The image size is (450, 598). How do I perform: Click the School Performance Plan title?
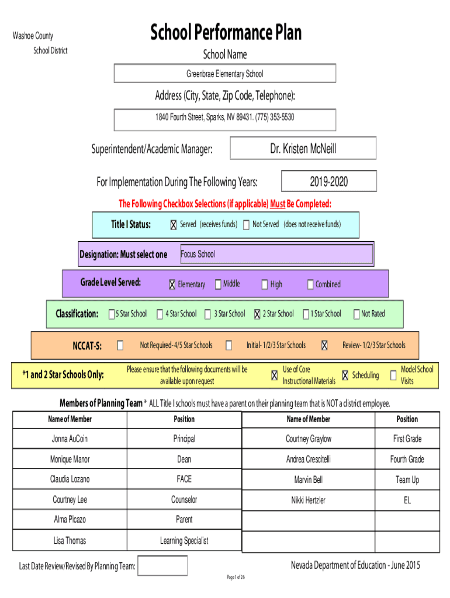226,32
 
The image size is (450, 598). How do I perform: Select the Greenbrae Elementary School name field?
225,73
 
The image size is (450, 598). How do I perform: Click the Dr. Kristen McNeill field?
303,148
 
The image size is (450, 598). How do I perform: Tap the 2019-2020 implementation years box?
328,181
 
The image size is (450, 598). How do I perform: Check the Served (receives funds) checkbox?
174,225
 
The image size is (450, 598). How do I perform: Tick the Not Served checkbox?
246,225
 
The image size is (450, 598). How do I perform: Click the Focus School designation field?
276,254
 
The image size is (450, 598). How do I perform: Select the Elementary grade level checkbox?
172,284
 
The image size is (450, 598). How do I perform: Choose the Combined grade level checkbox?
310,284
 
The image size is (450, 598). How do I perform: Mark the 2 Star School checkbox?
257,314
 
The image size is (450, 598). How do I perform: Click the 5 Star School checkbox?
112,314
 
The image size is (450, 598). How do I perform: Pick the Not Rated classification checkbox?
356,314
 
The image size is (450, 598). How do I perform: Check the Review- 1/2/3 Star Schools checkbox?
324,345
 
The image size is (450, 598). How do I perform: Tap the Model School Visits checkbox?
393,376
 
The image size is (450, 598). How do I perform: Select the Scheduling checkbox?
345,376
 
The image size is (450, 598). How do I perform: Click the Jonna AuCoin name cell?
70,439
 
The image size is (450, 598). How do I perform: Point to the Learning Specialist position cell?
184,540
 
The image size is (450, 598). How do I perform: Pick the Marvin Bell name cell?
309,479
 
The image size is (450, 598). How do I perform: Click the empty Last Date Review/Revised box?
162,565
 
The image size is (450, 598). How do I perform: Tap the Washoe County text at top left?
33,36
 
